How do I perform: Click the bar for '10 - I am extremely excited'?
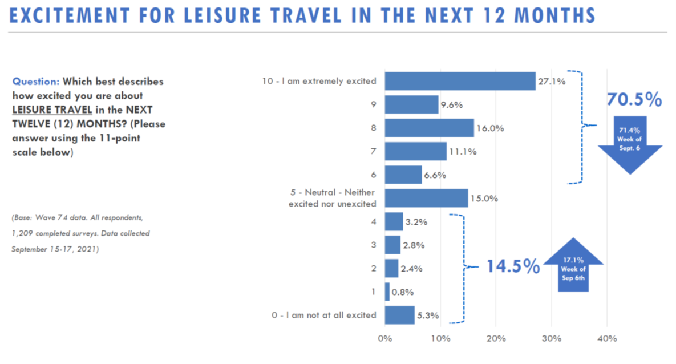pos(460,81)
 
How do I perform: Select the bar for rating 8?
pos(429,128)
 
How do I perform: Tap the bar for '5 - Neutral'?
pos(426,199)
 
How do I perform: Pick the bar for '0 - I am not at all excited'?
pos(399,315)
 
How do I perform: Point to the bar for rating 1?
pos(387,292)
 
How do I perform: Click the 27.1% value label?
pos(552,82)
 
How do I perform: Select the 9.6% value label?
pos(451,105)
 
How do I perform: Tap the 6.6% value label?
pos(435,175)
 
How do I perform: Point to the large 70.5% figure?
pos(634,100)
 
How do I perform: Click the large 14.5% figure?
pos(513,266)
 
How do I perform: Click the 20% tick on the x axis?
pos(496,338)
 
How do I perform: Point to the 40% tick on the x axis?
pos(606,338)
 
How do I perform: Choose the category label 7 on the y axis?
pos(374,152)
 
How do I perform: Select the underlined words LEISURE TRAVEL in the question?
pos(48,109)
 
